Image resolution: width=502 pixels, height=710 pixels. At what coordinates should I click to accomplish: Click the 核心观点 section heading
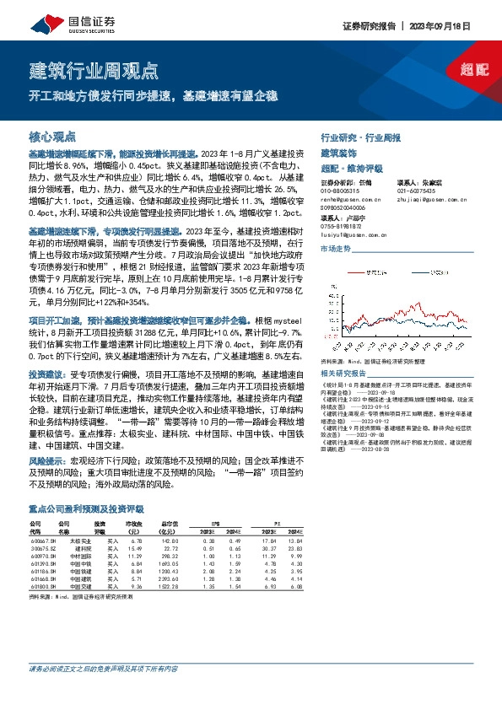coord(52,136)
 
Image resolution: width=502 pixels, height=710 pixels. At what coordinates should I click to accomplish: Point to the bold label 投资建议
coord(44,372)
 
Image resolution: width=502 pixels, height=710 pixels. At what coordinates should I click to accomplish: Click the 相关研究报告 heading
coord(343,373)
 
